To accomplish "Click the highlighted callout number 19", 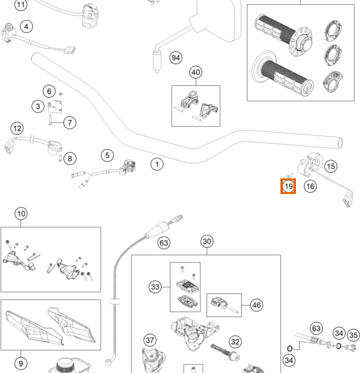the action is tap(288, 186).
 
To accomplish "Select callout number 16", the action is tap(310, 186).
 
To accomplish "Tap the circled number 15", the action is tap(331, 166).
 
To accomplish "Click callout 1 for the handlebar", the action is tap(157, 164).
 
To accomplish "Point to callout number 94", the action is tap(176, 58).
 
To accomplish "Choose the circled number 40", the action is tap(196, 72).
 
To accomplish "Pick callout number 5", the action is tap(108, 155).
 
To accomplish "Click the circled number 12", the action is tap(17, 129).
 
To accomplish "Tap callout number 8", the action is tap(70, 159).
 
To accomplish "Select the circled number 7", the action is tap(70, 122).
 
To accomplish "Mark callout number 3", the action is tap(38, 106).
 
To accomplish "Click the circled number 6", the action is tap(49, 91).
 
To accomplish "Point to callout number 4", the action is tap(26, 26).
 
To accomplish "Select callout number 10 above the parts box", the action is tap(21, 214).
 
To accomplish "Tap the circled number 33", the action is tap(155, 287).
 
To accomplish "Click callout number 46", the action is tap(257, 305).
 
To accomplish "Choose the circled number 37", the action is tap(150, 340).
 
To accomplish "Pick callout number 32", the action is tap(235, 341).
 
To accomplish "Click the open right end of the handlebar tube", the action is tap(340, 143).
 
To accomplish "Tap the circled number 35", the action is tap(353, 335).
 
